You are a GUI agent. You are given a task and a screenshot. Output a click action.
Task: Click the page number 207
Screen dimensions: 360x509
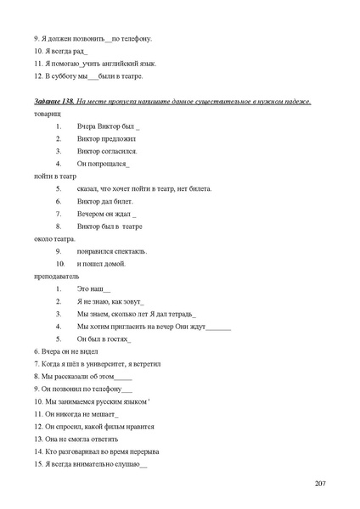(x=319, y=483)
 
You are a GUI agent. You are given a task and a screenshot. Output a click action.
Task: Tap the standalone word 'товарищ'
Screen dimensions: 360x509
(x=47, y=113)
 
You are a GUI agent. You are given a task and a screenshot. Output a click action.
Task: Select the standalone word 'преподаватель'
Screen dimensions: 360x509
(x=56, y=276)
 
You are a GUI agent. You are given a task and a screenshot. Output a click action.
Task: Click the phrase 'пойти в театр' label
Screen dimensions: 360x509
(x=53, y=176)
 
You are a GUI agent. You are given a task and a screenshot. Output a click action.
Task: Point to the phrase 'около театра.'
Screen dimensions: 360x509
(x=54, y=238)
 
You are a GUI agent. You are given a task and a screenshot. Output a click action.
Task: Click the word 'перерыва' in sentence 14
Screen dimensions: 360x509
(x=143, y=451)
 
